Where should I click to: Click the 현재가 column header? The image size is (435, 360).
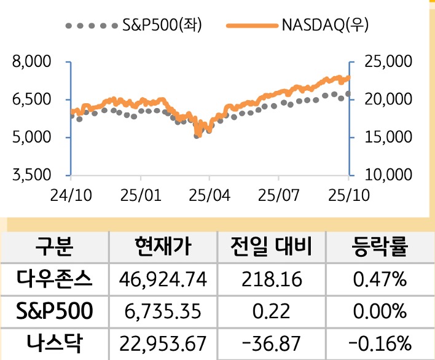click(x=163, y=248)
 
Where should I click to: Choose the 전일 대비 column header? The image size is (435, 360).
click(x=272, y=248)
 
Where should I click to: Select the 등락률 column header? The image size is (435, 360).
click(x=380, y=248)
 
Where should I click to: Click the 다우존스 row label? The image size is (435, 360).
click(x=55, y=280)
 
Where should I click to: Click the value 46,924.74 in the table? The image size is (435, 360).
click(x=163, y=280)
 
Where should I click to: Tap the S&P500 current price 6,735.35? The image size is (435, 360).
click(x=163, y=311)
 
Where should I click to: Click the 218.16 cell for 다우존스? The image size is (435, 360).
click(x=272, y=280)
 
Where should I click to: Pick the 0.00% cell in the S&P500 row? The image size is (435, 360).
click(x=380, y=311)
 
